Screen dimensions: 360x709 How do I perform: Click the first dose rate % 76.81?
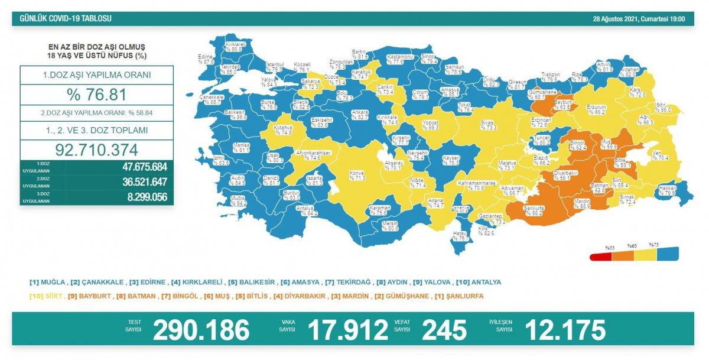pyautogui.click(x=96, y=95)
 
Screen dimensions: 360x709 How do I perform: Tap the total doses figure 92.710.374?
pyautogui.click(x=96, y=148)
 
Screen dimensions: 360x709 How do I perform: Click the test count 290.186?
pyautogui.click(x=201, y=330)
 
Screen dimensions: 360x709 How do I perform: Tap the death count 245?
pyautogui.click(x=444, y=330)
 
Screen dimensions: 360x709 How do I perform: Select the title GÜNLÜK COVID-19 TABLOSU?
pyautogui.click(x=66, y=19)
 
